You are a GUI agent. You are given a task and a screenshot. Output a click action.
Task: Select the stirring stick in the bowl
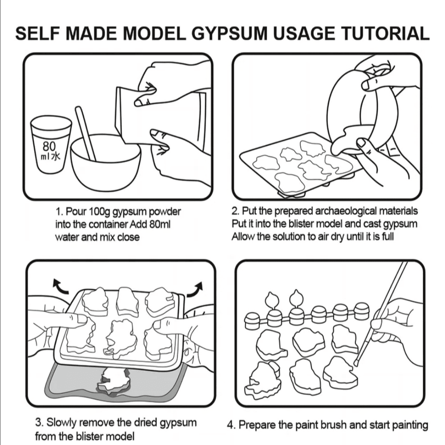pos(85,133)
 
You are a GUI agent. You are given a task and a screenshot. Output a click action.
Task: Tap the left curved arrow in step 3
pos(61,287)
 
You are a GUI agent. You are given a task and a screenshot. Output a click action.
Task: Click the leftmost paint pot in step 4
pos(252,319)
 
